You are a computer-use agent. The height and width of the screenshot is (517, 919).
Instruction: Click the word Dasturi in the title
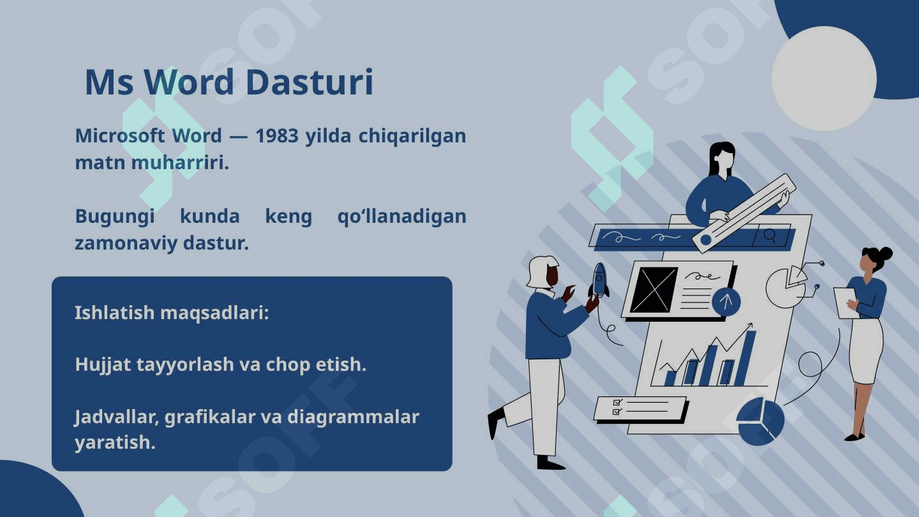(x=310, y=82)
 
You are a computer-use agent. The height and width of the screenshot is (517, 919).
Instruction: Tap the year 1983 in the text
(x=277, y=136)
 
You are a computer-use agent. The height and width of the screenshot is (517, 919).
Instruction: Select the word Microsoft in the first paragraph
(x=120, y=135)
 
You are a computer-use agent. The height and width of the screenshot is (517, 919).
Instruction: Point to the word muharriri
(x=180, y=163)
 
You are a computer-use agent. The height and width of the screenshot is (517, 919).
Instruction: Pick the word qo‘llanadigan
(x=401, y=216)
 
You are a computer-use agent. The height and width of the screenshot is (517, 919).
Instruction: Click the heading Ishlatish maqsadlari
(x=172, y=313)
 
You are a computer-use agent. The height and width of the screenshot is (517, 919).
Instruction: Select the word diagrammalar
(x=353, y=417)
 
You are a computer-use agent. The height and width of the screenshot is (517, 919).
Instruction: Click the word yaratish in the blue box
(x=115, y=443)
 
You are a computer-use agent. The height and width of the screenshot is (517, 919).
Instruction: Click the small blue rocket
(x=599, y=280)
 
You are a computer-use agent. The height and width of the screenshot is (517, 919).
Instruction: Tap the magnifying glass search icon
(x=770, y=236)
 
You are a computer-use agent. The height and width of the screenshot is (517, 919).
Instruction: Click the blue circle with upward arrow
(x=726, y=301)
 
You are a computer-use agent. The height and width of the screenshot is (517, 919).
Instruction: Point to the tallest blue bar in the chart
(x=745, y=358)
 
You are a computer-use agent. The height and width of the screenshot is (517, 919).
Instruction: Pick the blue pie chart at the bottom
(x=760, y=421)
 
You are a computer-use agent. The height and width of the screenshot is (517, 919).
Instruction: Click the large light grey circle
(x=825, y=79)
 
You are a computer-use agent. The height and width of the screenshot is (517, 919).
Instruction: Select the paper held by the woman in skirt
(x=846, y=303)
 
